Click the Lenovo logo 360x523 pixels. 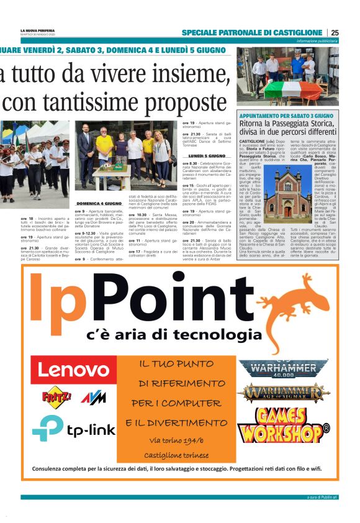coord(73,370)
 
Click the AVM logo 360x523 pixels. coord(94,397)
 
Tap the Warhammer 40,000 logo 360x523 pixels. coord(284,369)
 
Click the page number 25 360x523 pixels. coord(335,32)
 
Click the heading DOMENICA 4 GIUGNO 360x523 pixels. coord(98,204)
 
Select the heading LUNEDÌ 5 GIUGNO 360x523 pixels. coord(207,155)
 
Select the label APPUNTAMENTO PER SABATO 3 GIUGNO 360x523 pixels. coord(286,116)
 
